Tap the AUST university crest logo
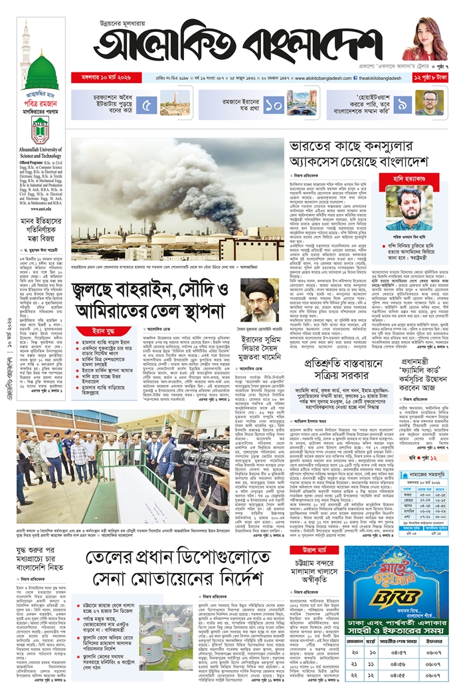41,130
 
